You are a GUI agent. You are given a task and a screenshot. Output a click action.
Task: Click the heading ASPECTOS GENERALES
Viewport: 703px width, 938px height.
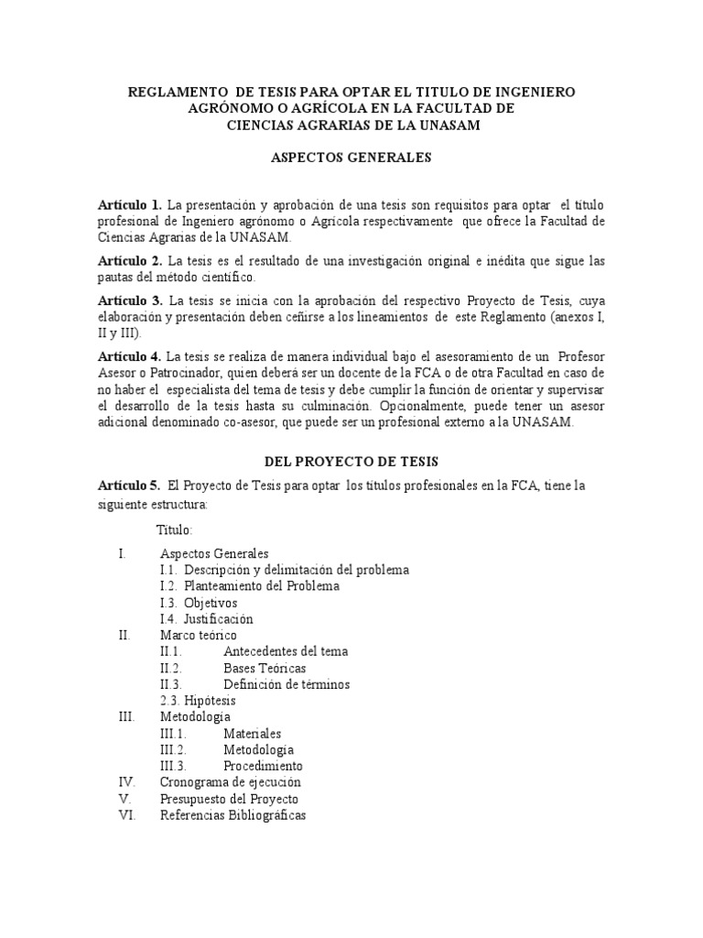tap(351, 158)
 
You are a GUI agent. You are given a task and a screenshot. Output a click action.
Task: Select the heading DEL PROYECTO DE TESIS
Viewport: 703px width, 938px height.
tap(351, 464)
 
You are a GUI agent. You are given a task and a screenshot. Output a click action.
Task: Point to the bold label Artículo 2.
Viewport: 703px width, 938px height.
tap(130, 262)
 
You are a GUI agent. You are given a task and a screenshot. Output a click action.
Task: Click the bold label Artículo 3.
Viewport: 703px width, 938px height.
tap(130, 301)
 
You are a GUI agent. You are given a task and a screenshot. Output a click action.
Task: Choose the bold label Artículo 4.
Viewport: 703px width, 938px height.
tap(130, 355)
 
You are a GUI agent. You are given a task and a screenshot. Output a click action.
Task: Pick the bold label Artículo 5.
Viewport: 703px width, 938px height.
tap(130, 485)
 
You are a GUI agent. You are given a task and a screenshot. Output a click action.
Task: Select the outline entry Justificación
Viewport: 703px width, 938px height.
tap(219, 619)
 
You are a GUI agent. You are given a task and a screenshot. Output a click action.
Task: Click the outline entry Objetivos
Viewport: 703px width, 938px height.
tap(210, 603)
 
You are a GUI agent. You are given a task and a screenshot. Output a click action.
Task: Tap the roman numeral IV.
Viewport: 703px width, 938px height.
tap(127, 782)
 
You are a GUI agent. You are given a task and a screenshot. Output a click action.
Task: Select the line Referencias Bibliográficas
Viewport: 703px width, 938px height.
tap(233, 815)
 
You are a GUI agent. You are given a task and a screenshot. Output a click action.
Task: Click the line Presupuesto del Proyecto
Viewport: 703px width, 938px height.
tap(228, 799)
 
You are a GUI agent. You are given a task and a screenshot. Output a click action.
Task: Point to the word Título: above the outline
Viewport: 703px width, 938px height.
tap(176, 530)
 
